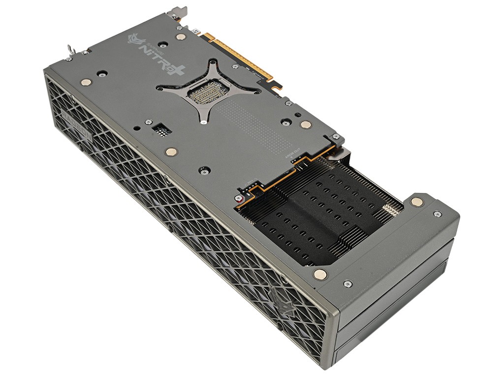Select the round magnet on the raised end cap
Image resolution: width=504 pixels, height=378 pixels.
tap(416, 201)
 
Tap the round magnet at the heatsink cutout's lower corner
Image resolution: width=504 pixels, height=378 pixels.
tap(319, 274)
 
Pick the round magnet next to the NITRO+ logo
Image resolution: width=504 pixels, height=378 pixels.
tap(181, 36)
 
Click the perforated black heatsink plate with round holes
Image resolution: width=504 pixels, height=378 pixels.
tap(315, 217)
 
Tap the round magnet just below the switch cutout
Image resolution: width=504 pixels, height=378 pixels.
tap(170, 152)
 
